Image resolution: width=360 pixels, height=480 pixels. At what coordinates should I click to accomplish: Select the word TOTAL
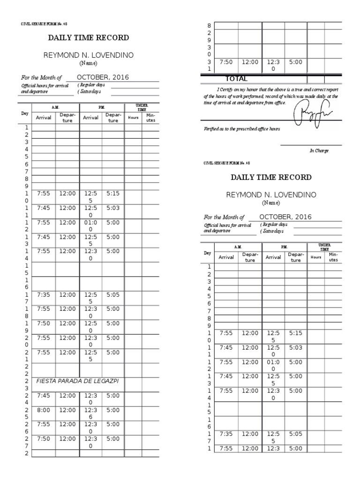[x=236, y=79]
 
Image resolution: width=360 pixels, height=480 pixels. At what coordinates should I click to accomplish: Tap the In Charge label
[x=319, y=151]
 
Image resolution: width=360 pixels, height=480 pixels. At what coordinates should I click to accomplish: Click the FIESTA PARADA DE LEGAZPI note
[x=77, y=381]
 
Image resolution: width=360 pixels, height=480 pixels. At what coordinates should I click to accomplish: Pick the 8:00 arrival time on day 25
[x=43, y=410]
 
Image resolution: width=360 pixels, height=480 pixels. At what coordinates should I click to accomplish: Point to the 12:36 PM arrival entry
[x=90, y=413]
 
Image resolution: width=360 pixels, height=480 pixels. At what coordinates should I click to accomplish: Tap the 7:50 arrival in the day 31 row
[x=226, y=61]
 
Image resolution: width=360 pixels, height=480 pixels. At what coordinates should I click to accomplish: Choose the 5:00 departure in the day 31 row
[x=296, y=61]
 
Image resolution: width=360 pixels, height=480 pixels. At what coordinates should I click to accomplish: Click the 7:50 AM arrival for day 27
[x=43, y=439]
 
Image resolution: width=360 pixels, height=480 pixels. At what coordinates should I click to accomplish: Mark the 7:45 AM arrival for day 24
[x=43, y=395]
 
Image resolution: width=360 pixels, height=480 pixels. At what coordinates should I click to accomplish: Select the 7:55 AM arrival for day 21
[x=43, y=352]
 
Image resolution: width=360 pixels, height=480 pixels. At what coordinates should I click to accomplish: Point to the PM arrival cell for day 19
[x=90, y=327]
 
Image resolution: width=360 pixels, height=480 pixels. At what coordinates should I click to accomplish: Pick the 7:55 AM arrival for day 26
[x=43, y=424]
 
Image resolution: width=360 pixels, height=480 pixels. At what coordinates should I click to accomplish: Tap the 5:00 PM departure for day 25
[x=113, y=410]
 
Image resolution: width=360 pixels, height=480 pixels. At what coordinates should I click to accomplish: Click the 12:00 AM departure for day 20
[x=67, y=337]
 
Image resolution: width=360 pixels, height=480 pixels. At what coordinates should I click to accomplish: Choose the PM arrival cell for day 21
[x=90, y=355]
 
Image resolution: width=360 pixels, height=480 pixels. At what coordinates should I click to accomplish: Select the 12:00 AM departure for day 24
[x=67, y=395]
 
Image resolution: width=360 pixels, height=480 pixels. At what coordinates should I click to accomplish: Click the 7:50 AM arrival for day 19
[x=43, y=323]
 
